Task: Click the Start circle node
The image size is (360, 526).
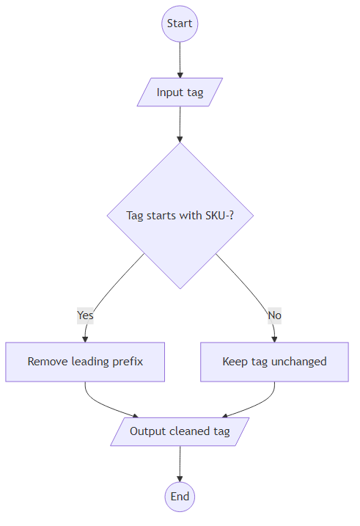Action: (180, 23)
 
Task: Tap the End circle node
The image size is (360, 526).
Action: (180, 497)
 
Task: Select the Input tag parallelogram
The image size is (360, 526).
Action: (180, 92)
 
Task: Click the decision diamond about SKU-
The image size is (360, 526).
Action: (180, 215)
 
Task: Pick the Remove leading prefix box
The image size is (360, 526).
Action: (85, 362)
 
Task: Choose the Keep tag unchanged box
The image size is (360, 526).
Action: (274, 362)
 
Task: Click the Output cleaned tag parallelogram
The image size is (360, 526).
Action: (180, 431)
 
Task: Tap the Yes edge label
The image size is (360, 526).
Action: (85, 315)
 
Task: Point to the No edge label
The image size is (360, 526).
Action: (274, 315)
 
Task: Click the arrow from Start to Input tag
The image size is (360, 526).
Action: (180, 59)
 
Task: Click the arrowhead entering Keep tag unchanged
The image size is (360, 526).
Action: (274, 338)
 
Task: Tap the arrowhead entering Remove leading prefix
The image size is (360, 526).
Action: (85, 338)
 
